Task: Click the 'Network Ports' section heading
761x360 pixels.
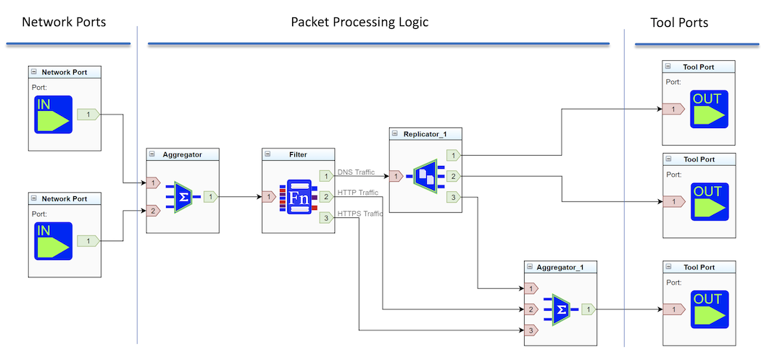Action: point(64,22)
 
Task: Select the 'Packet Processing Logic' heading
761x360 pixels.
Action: point(359,22)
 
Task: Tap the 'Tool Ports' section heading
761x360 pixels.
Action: point(679,22)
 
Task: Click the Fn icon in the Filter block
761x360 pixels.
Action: point(299,196)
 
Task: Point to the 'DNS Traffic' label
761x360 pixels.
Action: point(356,172)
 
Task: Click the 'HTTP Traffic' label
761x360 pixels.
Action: point(358,193)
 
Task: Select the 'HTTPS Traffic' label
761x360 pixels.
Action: point(360,214)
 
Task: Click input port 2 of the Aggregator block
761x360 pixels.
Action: point(153,212)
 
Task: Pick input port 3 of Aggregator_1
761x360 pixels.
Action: point(531,330)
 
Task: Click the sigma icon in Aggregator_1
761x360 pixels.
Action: point(560,309)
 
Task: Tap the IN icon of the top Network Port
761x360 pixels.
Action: point(53,114)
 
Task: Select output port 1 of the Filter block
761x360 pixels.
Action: point(326,175)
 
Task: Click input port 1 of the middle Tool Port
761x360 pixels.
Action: point(673,201)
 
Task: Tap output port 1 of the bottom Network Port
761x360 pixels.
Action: point(88,240)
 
